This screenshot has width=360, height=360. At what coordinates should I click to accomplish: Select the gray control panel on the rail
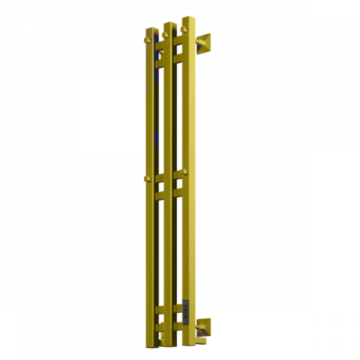point(185,311)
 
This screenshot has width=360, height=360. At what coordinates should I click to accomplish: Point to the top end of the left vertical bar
point(151,28)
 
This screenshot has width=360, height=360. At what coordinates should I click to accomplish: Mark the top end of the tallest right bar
point(188,17)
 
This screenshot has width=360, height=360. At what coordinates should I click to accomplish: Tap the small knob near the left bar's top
point(148,40)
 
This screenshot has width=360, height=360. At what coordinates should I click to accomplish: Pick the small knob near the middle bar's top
point(166,34)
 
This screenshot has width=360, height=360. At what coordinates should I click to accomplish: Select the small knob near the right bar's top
point(184,29)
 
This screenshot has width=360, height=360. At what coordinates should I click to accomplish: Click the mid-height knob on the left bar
point(148,178)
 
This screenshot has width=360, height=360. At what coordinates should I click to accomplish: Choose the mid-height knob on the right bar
point(184,172)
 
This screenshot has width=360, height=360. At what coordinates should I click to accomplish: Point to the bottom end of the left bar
point(152,346)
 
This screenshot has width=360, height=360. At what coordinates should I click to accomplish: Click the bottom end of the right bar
point(188,344)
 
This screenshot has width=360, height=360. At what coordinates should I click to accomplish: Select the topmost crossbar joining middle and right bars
point(178,40)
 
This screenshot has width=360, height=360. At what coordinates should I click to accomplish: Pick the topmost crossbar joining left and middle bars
point(160,46)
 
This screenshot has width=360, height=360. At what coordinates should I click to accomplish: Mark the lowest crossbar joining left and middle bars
point(160,328)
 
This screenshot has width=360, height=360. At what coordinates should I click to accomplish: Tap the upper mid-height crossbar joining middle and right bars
point(178,175)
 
